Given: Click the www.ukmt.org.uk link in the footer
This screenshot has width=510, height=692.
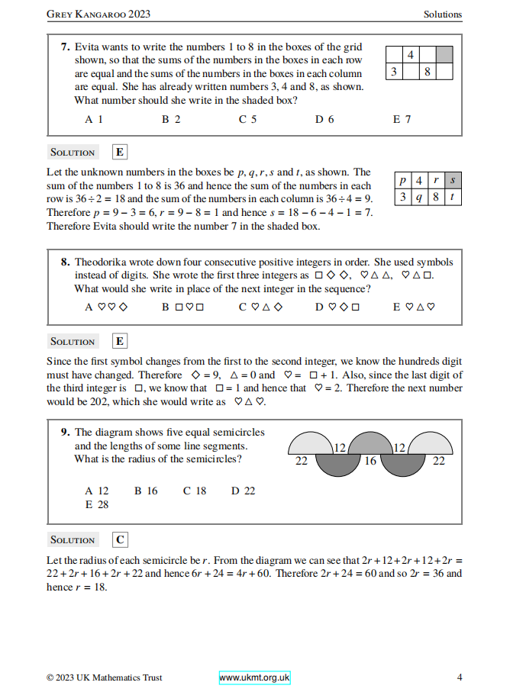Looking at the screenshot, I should [x=254, y=678].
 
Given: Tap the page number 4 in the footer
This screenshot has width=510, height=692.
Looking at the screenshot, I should [x=459, y=678].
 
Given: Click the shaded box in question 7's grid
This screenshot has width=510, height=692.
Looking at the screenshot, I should [x=444, y=55].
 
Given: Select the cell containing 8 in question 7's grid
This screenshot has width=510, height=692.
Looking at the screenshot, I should [x=428, y=72].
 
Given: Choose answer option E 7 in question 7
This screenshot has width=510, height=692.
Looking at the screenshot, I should [x=402, y=119].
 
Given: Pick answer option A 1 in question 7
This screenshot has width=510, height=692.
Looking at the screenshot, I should [x=94, y=119].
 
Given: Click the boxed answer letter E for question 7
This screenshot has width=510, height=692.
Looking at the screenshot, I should [x=120, y=152].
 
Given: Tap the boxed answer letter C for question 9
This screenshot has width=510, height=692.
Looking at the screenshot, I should [x=120, y=539].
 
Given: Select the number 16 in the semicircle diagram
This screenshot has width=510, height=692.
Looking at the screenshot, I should [x=370, y=461].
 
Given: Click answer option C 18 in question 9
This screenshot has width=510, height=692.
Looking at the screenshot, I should [x=195, y=491].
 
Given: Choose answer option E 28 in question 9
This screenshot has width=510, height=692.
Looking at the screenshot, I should [x=97, y=504].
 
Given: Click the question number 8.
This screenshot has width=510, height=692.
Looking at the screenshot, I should [x=66, y=261].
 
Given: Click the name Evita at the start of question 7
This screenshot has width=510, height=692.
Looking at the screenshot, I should [x=87, y=47].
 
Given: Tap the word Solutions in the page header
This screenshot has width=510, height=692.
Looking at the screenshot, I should [x=443, y=14].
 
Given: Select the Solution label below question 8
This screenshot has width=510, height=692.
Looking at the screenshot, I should [x=73, y=341].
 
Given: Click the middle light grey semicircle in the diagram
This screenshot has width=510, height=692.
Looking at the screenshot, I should [x=370, y=444].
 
